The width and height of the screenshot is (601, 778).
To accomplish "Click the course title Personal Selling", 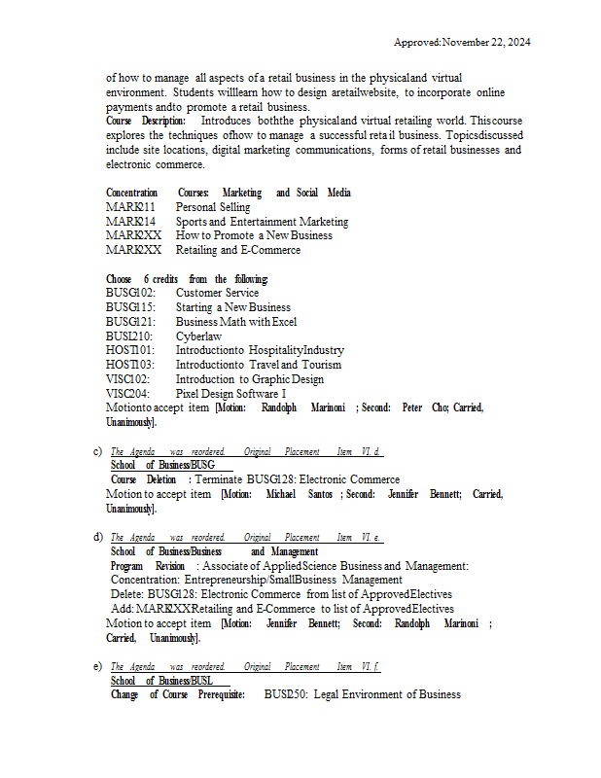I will tap(212, 207).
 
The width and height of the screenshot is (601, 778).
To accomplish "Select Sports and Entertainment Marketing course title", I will tap(262, 222).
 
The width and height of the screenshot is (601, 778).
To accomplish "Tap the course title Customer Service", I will tap(217, 293).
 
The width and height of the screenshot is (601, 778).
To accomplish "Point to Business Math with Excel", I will tap(236, 322).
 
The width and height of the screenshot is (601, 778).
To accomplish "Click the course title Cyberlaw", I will tap(198, 336).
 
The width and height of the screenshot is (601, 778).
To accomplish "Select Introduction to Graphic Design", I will tap(250, 379).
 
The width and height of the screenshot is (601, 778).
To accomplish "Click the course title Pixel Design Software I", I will tap(230, 394).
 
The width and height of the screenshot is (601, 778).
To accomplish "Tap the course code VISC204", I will tap(127, 394).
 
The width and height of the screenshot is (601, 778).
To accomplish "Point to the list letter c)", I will tap(97, 451).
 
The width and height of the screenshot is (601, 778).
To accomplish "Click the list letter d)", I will tap(97, 537).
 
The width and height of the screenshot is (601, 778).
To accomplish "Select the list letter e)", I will tap(97, 666).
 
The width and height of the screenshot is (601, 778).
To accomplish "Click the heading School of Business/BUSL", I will tap(162, 681).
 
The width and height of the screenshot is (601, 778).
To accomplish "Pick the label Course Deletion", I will tap(144, 479).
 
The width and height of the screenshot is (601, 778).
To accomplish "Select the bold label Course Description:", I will tap(146, 121).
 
